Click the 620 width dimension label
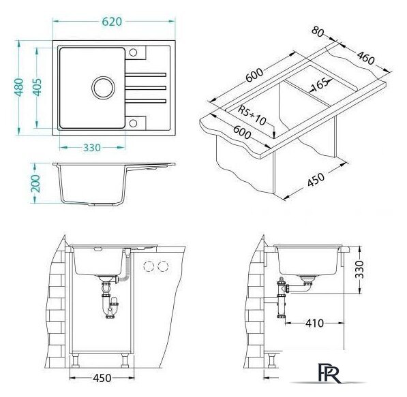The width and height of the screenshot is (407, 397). coord(112,22)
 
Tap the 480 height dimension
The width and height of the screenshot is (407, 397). coord(19,87)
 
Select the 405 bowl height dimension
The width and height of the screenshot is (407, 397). coord(37,87)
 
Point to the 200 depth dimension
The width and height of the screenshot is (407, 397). coord(36,183)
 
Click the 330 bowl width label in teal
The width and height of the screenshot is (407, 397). coord(92,148)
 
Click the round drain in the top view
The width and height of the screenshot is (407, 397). coord(104,88)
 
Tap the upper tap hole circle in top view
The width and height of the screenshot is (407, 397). coord(133,52)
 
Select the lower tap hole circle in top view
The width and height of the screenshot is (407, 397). coord(133,123)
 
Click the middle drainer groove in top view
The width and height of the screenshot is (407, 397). coord(146,88)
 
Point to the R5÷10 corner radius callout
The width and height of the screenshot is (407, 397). coord(252,115)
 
